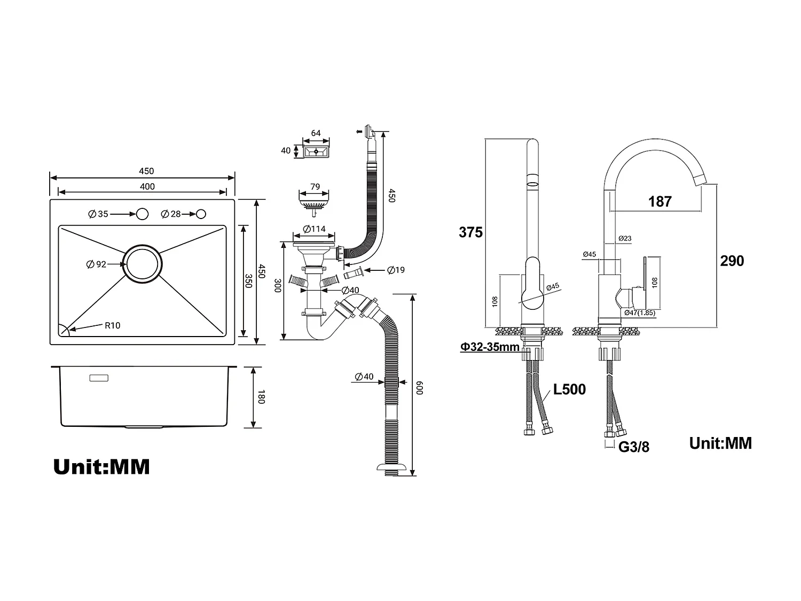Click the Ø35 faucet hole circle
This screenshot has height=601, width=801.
click(142, 214)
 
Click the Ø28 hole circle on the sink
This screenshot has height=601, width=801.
click(201, 214)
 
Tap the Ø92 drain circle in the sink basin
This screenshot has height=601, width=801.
click(142, 264)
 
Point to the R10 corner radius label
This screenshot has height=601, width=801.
click(112, 325)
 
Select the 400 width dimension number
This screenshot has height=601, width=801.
click(147, 186)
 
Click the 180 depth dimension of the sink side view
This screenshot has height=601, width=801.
click(261, 397)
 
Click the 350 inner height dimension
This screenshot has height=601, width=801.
click(248, 281)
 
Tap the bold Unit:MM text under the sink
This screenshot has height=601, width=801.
click(101, 467)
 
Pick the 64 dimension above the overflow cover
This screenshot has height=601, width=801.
click(316, 134)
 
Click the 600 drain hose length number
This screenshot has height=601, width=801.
click(419, 388)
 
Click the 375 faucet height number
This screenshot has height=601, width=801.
click(470, 232)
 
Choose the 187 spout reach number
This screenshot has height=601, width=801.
click(660, 201)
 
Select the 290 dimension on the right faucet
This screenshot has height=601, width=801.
click(732, 261)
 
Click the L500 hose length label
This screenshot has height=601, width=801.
click(569, 389)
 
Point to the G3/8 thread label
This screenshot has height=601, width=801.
click(634, 447)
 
